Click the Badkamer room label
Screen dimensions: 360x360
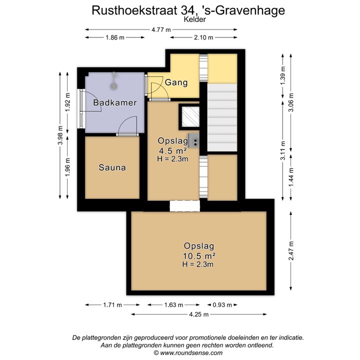[x=115, y=102]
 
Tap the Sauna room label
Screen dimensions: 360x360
[x=112, y=167]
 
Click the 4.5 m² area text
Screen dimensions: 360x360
[x=172, y=150]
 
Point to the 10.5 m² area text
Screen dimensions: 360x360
[x=199, y=255]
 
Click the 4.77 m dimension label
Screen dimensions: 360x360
[x=161, y=29]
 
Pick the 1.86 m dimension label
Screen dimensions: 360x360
[x=115, y=38]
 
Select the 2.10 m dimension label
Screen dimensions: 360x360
[x=203, y=38]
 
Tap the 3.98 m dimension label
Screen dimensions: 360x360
[x=60, y=135]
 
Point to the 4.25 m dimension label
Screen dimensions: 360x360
[x=199, y=314]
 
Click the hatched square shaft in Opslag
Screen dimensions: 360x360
[x=189, y=117]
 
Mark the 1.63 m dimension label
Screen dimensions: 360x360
[x=173, y=304]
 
